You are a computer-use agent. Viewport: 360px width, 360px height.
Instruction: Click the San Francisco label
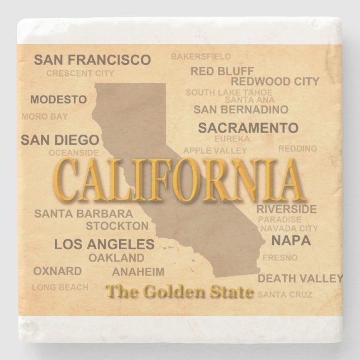(92, 60)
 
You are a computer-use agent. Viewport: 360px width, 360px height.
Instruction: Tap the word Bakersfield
(201, 56)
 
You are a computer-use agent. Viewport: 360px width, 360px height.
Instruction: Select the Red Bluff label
(222, 71)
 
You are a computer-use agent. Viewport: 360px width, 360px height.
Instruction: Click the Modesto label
(59, 100)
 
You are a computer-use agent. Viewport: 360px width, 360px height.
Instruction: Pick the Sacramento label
(248, 127)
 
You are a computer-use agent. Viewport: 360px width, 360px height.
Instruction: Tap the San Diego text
(60, 140)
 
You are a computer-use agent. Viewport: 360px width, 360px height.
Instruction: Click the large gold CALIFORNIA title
(179, 181)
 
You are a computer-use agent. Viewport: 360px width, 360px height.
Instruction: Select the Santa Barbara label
(84, 214)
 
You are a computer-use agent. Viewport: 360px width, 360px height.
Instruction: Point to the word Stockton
(117, 226)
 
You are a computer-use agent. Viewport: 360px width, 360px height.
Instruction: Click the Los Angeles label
(104, 244)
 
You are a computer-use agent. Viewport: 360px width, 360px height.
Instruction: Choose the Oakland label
(116, 258)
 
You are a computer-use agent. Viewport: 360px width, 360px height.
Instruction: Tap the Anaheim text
(139, 272)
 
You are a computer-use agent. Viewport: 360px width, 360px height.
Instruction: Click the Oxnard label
(58, 271)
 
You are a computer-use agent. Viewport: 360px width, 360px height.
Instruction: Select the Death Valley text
(300, 278)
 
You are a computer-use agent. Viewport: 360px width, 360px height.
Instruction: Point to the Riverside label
(287, 209)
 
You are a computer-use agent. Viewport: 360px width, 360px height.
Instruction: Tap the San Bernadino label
(241, 110)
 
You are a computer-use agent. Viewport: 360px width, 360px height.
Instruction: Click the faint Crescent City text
(80, 73)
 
